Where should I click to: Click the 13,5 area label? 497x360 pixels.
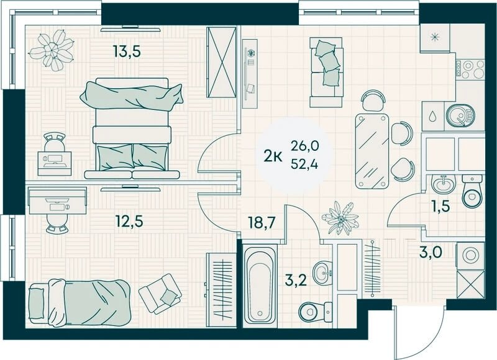pos(127,51)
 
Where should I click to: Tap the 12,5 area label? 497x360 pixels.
pos(129,221)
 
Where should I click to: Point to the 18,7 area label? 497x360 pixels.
pos(261,222)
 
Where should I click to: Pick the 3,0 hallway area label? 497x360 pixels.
pos(431,253)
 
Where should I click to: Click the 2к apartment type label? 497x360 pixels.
pos(273,156)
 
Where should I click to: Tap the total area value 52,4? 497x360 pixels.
pos(304,164)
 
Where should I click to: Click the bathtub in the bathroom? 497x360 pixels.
pos(260,286)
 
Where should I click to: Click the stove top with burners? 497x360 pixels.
pos(470,70)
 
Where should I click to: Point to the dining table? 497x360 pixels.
pos(372,151)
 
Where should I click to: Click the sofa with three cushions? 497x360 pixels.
pos(327,72)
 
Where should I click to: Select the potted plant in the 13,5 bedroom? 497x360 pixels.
pos(52,50)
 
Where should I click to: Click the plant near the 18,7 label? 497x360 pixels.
pos(340,218)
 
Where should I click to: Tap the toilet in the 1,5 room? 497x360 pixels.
pos(472,191)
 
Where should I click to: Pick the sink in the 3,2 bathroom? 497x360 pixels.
pos(322,272)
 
